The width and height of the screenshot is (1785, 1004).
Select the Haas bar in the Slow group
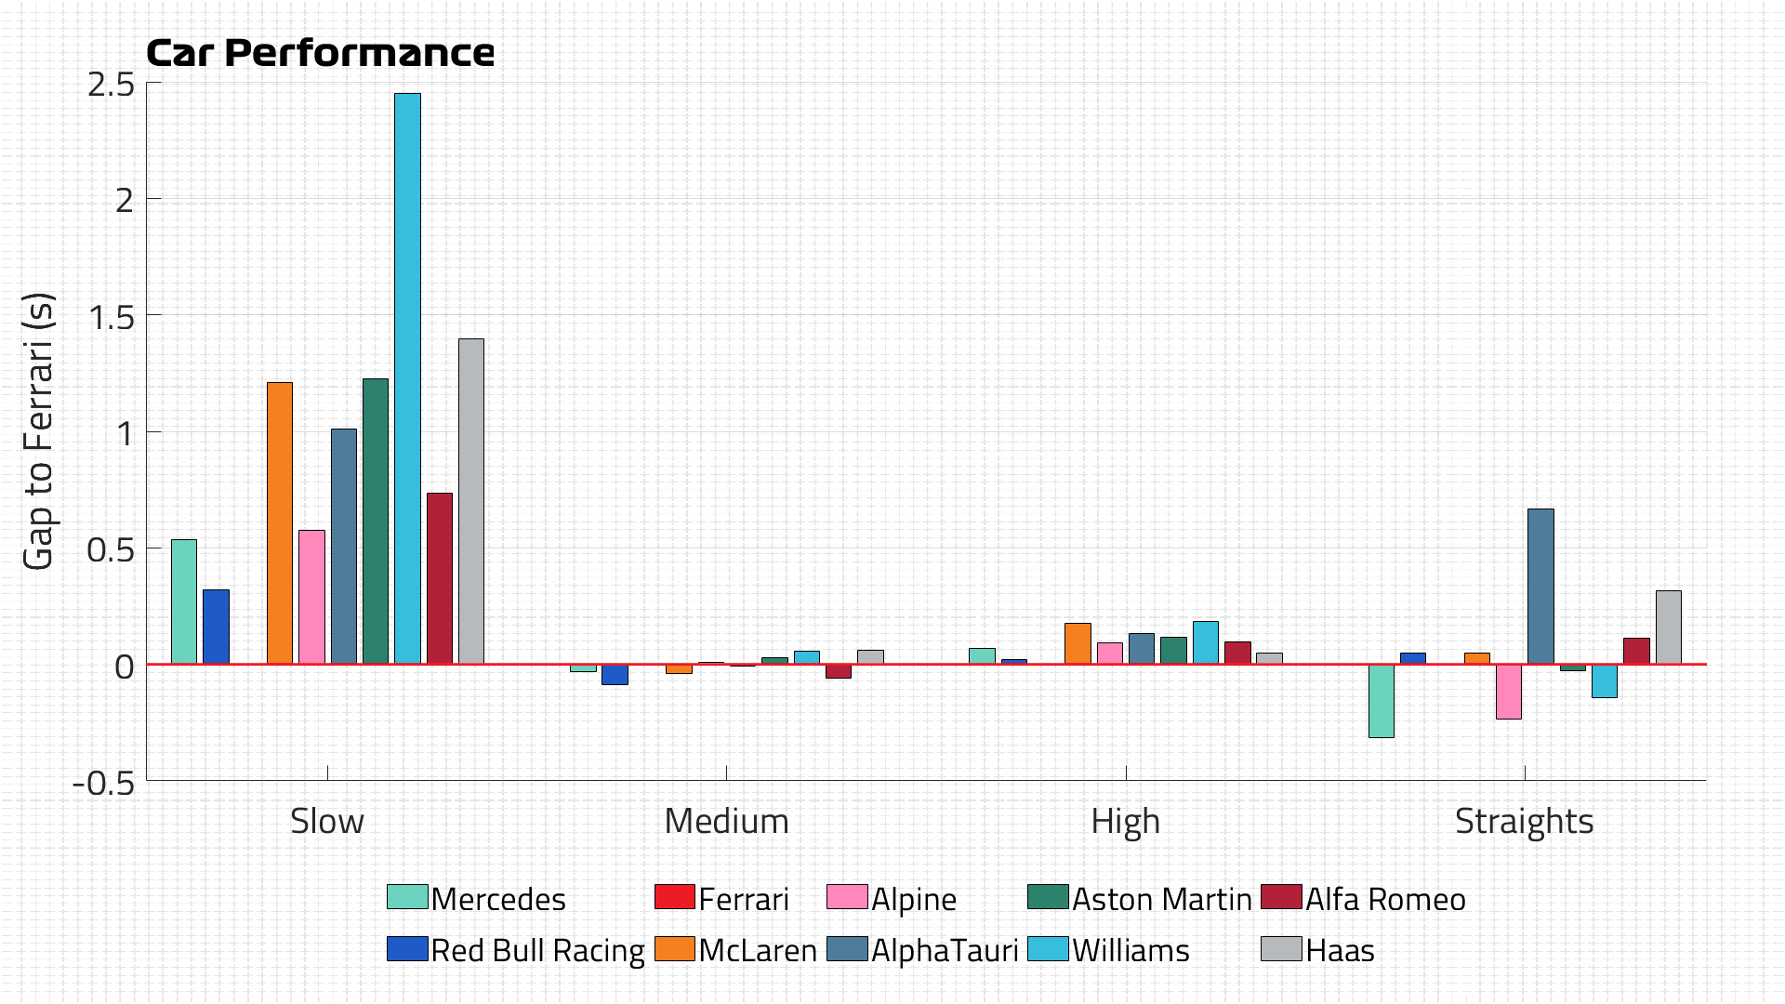(x=471, y=501)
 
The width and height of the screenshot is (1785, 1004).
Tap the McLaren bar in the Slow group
(x=280, y=522)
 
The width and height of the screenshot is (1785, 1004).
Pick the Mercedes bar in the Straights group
(x=1382, y=701)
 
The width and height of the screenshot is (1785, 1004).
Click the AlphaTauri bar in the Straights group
(x=1540, y=587)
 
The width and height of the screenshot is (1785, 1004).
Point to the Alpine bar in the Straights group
(x=1509, y=692)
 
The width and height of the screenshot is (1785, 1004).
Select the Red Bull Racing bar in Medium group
(x=615, y=675)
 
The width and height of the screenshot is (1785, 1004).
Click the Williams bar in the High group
(x=1206, y=642)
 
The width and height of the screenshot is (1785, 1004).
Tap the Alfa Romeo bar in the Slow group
(x=440, y=578)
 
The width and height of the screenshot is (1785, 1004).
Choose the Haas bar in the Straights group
(x=1669, y=627)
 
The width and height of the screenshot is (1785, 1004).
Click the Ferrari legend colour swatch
(x=675, y=897)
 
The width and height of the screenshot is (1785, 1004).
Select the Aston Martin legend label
(x=1161, y=899)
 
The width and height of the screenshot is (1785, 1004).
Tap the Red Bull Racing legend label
(x=537, y=950)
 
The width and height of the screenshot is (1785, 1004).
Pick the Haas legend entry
(x=1339, y=950)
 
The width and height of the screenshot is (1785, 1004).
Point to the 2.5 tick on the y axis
(x=112, y=85)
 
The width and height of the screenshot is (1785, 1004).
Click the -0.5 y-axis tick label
(x=104, y=783)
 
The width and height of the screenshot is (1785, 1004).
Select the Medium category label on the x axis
(x=726, y=821)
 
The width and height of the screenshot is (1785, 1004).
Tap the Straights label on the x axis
(x=1524, y=821)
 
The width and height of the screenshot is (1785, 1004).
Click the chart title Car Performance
(x=321, y=53)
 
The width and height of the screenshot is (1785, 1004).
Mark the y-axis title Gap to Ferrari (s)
(x=39, y=431)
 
